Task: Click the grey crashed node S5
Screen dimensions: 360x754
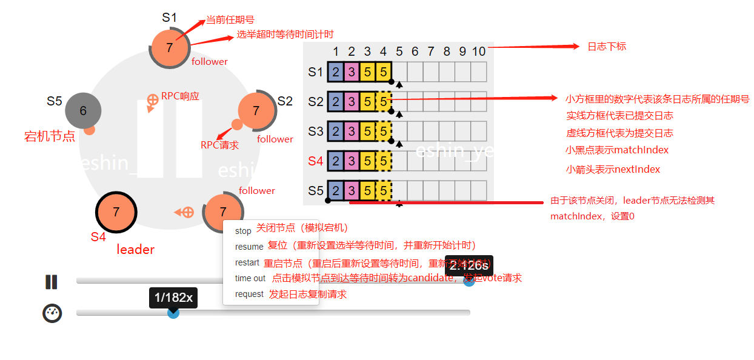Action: pos(83,110)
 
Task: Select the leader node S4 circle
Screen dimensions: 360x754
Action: pos(116,212)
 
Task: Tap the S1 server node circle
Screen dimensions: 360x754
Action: pos(169,48)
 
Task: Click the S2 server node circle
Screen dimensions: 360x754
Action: pos(256,110)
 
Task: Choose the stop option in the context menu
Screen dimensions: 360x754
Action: pos(243,231)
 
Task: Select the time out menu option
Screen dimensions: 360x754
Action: pos(250,278)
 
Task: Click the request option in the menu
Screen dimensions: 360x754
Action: pos(249,294)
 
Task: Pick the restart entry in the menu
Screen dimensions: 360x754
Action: pos(247,262)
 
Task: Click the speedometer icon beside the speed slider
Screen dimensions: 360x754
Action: pos(52,313)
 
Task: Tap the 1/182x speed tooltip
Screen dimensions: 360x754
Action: pos(173,298)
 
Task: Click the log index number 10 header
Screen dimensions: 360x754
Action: pos(479,52)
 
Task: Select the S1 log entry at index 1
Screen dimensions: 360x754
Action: pos(335,72)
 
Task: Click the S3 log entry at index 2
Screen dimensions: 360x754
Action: pos(352,131)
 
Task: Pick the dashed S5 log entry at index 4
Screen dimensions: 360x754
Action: pos(384,190)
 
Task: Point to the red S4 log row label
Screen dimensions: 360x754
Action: pos(315,161)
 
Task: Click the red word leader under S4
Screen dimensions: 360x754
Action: pos(135,249)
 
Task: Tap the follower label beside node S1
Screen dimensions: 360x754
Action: pos(210,61)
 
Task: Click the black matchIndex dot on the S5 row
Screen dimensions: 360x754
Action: pos(328,200)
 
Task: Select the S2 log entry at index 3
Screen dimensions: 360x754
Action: pos(367,101)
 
